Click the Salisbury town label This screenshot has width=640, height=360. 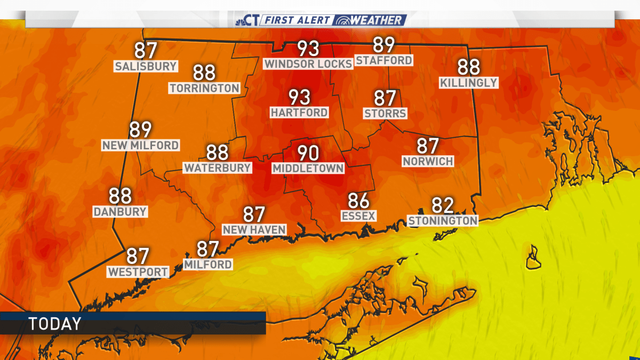pyautogui.click(x=146, y=67)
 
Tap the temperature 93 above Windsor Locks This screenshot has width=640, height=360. pyautogui.click(x=308, y=49)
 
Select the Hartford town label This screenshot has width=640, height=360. pyautogui.click(x=299, y=113)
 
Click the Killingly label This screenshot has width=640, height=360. pyautogui.click(x=469, y=83)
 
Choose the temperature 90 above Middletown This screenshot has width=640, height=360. pyautogui.click(x=308, y=154)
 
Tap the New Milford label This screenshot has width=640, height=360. pyautogui.click(x=141, y=145)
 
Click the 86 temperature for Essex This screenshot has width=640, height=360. pyautogui.click(x=359, y=201)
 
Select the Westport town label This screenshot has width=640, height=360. pyautogui.click(x=138, y=271)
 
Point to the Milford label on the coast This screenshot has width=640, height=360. pyautogui.click(x=208, y=264)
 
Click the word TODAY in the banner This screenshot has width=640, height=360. pyautogui.click(x=55, y=324)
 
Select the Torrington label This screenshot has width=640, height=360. pyautogui.click(x=205, y=88)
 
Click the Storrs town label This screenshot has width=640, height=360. pyautogui.click(x=385, y=113)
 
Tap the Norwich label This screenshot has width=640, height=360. pyautogui.click(x=428, y=161)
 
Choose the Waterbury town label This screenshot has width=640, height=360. pyautogui.click(x=218, y=167)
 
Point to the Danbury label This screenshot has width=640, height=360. pyautogui.click(x=120, y=211)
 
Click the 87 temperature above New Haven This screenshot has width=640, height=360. pyautogui.click(x=254, y=215)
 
